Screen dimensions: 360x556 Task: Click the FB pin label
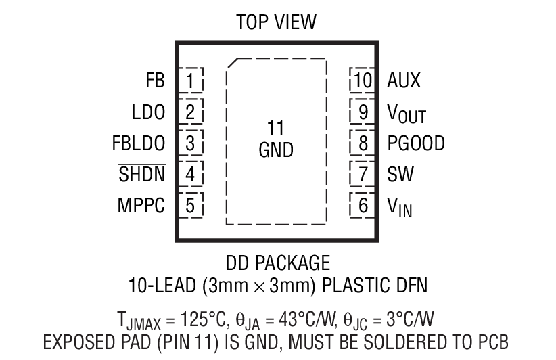click(x=155, y=81)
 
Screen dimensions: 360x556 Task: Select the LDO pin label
click(x=148, y=112)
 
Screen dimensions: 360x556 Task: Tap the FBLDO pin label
click(x=139, y=143)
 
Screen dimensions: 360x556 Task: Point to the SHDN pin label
click(x=142, y=174)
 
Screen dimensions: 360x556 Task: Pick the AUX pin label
click(x=404, y=81)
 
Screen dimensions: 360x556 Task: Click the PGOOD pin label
click(x=416, y=143)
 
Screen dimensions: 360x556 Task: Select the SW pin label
click(x=400, y=174)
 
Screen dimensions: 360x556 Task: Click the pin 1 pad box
click(x=191, y=81)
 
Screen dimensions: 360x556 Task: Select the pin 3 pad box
click(x=191, y=143)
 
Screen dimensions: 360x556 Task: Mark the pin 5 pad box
click(x=191, y=205)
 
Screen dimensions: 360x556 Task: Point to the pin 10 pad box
click(x=362, y=81)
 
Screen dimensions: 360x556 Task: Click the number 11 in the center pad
click(x=275, y=128)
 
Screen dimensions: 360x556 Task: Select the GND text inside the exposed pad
click(x=276, y=150)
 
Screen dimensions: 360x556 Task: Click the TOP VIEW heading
click(x=276, y=22)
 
